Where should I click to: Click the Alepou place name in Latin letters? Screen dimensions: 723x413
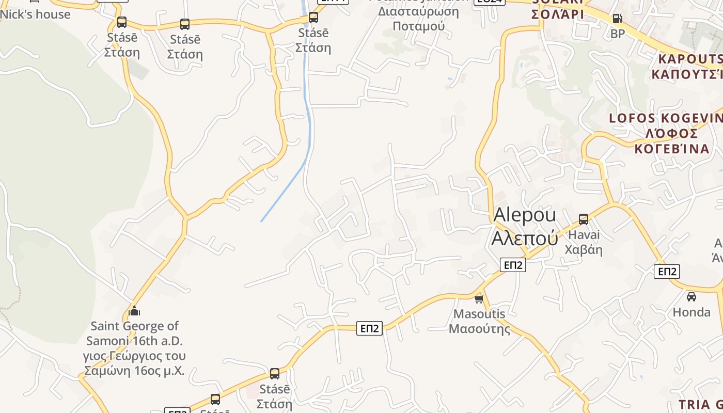point(525,215)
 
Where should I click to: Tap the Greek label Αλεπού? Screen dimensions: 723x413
point(525,238)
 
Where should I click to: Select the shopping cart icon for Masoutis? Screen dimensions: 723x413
point(479,299)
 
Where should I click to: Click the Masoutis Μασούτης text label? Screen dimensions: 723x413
point(479,321)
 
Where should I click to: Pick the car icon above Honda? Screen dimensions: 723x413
point(691,297)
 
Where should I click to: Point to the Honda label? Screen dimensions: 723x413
point(691,312)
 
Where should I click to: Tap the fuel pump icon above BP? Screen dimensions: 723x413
point(617,19)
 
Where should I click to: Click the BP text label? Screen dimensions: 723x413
point(617,34)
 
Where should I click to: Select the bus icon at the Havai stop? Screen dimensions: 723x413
point(584,219)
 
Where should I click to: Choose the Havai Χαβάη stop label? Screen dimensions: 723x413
point(584,242)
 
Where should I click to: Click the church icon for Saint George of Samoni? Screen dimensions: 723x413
point(134,311)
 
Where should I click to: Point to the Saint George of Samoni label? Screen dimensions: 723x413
point(134,348)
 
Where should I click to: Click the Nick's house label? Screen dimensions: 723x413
point(35,14)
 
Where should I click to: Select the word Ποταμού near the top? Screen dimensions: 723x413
point(418,26)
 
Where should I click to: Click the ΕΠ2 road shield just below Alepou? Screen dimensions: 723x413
point(513,265)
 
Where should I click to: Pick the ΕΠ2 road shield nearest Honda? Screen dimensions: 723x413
point(667,271)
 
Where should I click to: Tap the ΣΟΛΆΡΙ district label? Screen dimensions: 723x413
point(558,14)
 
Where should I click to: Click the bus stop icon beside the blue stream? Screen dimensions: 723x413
point(313,18)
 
